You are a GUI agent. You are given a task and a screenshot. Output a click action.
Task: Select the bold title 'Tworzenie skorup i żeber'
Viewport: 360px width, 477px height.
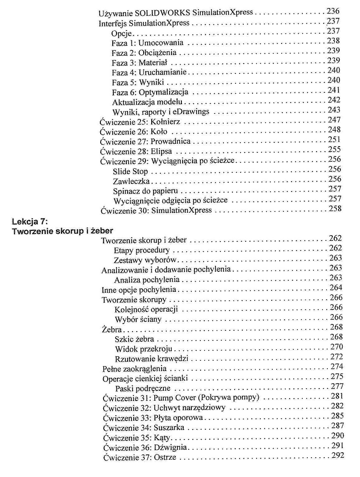coord(62,231)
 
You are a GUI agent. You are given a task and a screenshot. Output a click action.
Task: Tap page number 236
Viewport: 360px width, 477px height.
coord(333,11)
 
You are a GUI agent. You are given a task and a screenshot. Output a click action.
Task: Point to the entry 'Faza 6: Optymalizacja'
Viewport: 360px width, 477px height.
coord(150,92)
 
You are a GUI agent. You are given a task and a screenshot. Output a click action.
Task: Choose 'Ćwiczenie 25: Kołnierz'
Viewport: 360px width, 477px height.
coord(140,122)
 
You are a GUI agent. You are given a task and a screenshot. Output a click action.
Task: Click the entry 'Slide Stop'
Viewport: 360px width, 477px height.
coord(130,171)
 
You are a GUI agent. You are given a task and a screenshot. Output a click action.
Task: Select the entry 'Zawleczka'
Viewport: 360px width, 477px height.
coord(131,181)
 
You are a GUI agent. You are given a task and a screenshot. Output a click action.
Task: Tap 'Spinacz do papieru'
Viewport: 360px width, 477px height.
coord(145,191)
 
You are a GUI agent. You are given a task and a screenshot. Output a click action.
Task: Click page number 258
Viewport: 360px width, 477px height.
coord(335,208)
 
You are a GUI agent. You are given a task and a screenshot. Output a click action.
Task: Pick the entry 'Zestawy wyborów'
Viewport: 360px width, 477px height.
coord(145,260)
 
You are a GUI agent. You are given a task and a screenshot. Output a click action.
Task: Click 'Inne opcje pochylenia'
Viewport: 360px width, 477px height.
coord(139,290)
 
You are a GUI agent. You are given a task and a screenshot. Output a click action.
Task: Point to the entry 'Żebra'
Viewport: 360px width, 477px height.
coord(112,330)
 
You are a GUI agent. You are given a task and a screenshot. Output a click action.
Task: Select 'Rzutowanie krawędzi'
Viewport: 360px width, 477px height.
coord(152,359)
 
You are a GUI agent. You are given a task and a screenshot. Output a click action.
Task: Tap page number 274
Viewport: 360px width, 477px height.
coord(337,367)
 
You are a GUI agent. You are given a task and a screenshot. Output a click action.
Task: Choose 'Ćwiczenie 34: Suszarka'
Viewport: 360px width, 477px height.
coord(144,428)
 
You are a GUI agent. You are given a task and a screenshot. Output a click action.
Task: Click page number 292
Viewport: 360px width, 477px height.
coord(337,455)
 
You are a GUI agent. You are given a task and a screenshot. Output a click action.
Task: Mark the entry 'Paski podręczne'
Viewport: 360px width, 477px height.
coord(143,389)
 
